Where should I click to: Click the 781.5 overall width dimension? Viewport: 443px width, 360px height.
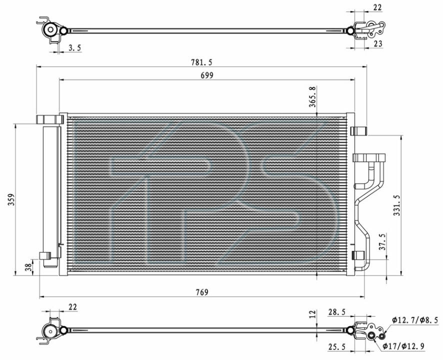pyautogui.click(x=201, y=62)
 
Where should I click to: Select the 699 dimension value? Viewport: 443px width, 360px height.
pyautogui.click(x=207, y=75)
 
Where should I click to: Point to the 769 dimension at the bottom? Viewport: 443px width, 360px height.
pyautogui.click(x=202, y=292)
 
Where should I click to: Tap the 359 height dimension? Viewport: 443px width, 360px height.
pyautogui.click(x=11, y=200)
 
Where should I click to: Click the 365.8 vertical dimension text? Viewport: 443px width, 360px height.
pyautogui.click(x=312, y=97)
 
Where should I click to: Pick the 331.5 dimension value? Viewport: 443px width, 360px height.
pyautogui.click(x=397, y=205)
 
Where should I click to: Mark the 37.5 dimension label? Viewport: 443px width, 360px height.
pyautogui.click(x=382, y=242)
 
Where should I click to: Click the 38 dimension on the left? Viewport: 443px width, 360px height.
pyautogui.click(x=28, y=267)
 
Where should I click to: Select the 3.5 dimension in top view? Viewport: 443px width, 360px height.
pyautogui.click(x=75, y=48)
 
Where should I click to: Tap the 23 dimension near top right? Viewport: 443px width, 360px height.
pyautogui.click(x=378, y=43)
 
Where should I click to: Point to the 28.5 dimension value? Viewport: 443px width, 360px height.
pyautogui.click(x=337, y=312)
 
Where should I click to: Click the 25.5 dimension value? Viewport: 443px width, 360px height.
pyautogui.click(x=337, y=346)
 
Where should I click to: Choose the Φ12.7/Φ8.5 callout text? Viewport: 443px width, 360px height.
pyautogui.click(x=415, y=320)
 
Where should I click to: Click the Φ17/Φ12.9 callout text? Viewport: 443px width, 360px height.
pyautogui.click(x=403, y=346)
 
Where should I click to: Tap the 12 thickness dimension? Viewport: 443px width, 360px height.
pyautogui.click(x=312, y=313)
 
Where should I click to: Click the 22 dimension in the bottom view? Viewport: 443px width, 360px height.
pyautogui.click(x=72, y=307)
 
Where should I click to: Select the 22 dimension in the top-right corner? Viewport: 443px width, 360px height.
pyautogui.click(x=377, y=7)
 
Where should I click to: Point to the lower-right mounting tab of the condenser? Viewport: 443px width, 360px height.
pyautogui.click(x=358, y=255)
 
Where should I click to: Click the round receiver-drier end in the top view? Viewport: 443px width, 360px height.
pyautogui.click(x=51, y=29)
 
